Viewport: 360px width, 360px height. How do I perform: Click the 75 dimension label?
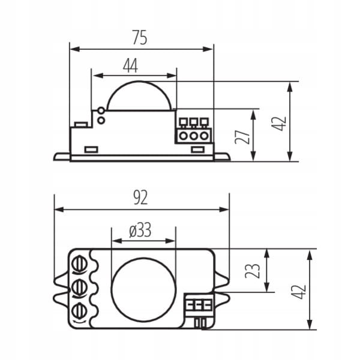[140, 38]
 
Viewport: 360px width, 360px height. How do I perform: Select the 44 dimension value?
[130, 65]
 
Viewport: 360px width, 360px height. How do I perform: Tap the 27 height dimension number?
[242, 137]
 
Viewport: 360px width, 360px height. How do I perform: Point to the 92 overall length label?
[140, 197]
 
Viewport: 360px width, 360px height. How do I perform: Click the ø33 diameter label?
[140, 230]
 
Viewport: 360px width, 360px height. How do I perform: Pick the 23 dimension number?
[253, 271]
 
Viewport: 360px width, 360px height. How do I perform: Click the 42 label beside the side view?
[279, 124]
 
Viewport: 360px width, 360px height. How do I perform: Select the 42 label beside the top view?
[299, 292]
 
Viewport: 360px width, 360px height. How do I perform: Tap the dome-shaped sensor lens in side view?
[139, 96]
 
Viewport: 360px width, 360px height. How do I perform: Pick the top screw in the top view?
[79, 264]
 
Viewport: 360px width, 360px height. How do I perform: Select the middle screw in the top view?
[79, 287]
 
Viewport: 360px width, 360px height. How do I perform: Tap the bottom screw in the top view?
[79, 311]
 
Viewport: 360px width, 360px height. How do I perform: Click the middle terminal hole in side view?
[194, 136]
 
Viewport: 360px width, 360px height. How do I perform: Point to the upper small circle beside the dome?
[101, 110]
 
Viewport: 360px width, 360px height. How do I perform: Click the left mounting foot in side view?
[62, 157]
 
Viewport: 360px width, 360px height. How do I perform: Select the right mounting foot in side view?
[222, 157]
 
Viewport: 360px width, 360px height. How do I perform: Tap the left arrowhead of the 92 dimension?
[59, 209]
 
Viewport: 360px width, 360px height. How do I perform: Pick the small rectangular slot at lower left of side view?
[91, 149]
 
